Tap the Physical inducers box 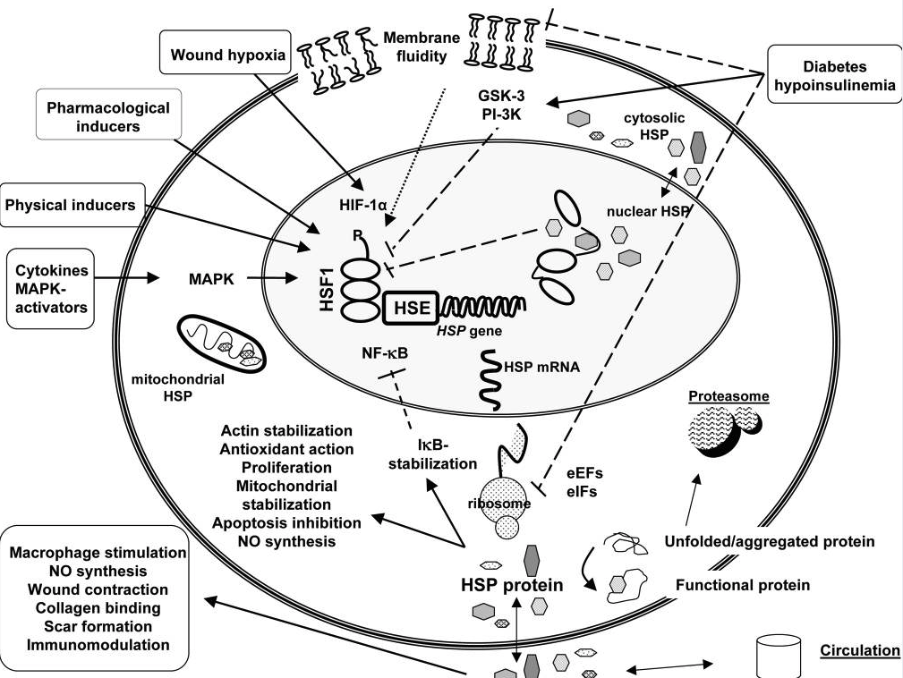click(70, 205)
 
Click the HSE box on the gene click(409, 308)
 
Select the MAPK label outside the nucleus click(212, 279)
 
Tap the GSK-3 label click(500, 97)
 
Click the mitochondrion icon click(221, 341)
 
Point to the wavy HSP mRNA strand click(491, 380)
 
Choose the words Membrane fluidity click(421, 47)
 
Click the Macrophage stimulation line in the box click(98, 553)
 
